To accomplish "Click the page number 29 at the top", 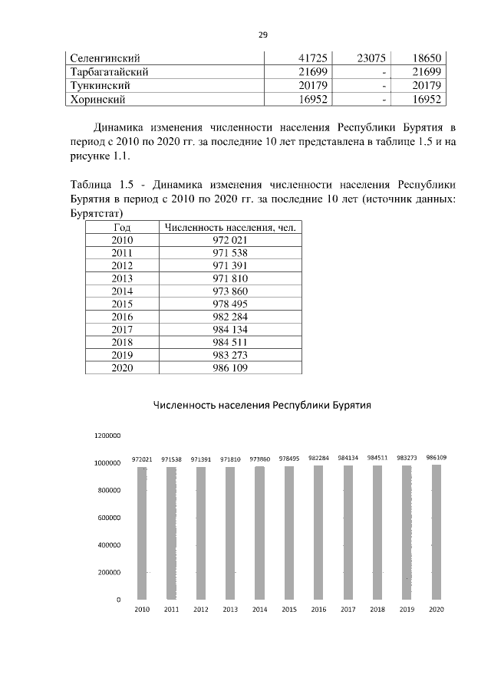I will pyautogui.click(x=262, y=35).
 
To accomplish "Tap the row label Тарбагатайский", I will pyautogui.click(x=108, y=71).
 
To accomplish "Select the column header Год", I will pyautogui.click(x=122, y=227).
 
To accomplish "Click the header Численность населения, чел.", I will pyautogui.click(x=229, y=227).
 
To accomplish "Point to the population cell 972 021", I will pyautogui.click(x=229, y=240).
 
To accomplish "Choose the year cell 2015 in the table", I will pyautogui.click(x=122, y=304).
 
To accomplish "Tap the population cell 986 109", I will pyautogui.click(x=229, y=367).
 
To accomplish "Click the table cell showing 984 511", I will pyautogui.click(x=229, y=342).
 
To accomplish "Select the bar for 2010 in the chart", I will pyautogui.click(x=142, y=532).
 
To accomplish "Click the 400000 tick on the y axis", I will pyautogui.click(x=108, y=545).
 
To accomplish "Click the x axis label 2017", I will pyautogui.click(x=348, y=610).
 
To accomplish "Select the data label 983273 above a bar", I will pyautogui.click(x=407, y=458).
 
